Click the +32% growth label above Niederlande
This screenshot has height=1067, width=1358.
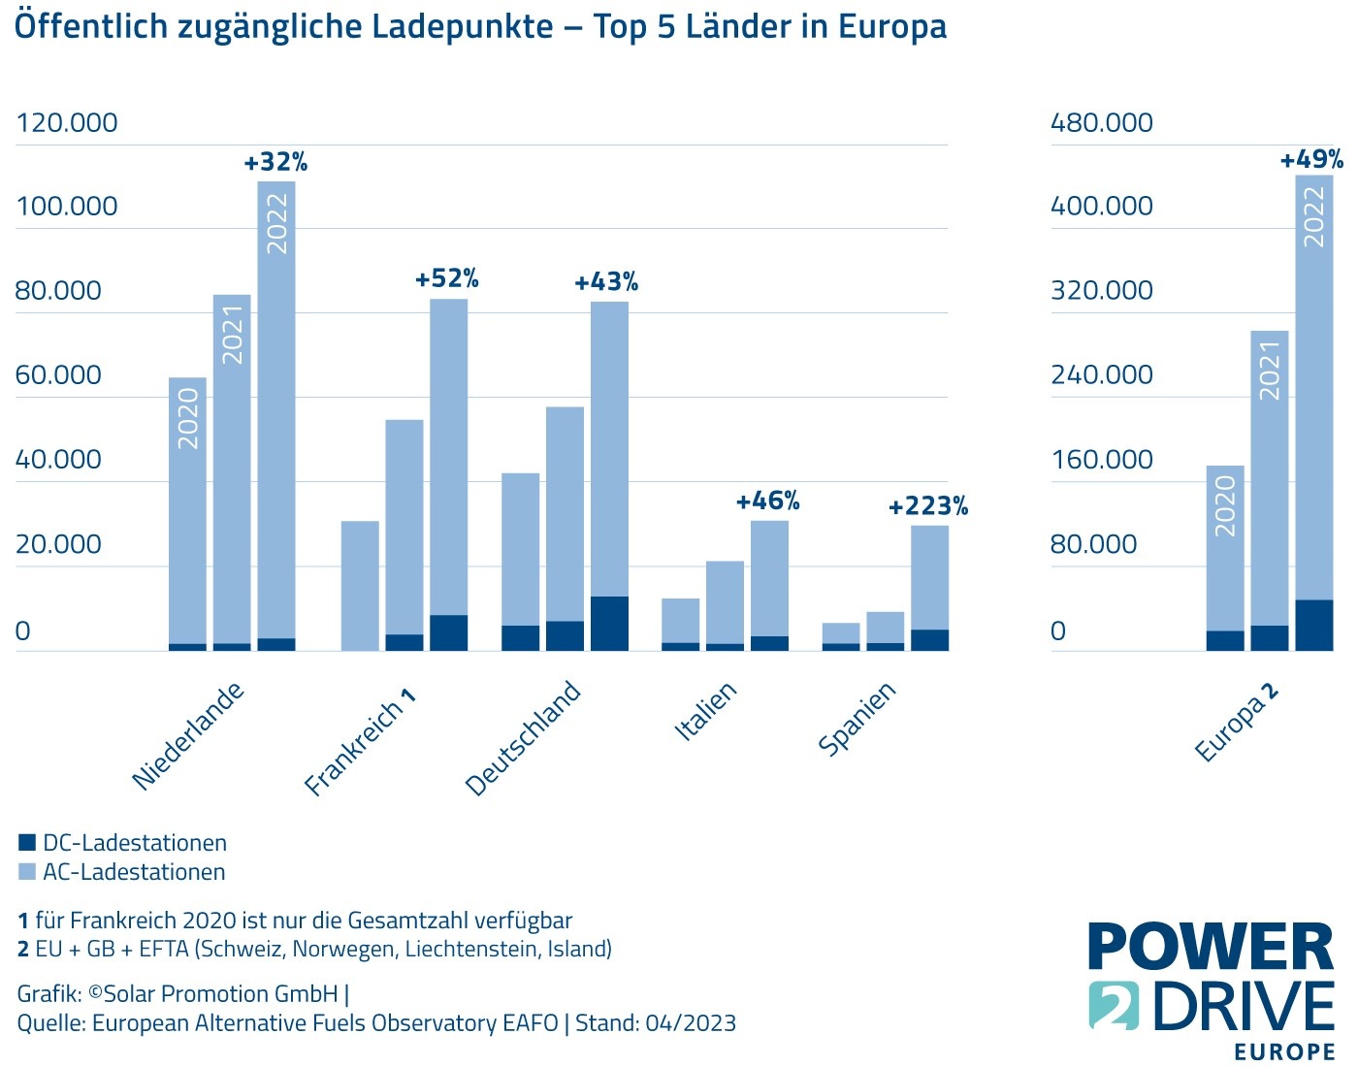275,162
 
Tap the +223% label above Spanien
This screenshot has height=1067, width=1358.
928,506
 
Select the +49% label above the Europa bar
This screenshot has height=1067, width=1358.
1311,159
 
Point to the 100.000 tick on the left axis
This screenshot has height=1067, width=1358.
66,207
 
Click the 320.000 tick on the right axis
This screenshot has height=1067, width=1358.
1102,291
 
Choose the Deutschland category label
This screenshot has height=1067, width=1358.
524,738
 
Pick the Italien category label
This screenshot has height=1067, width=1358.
706,712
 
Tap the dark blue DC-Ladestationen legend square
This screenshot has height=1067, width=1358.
27,843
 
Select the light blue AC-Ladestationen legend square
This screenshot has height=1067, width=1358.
27,871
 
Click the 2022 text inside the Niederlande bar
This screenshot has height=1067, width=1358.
277,224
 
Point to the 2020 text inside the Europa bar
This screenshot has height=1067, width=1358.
1225,505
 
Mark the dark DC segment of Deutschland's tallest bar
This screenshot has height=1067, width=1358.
609,623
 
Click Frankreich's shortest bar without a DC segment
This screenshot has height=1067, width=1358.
360,586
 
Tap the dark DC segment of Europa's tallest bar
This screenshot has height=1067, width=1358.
1313,625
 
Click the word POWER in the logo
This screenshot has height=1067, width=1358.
1211,948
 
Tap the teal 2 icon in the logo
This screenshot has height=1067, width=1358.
1115,1005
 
